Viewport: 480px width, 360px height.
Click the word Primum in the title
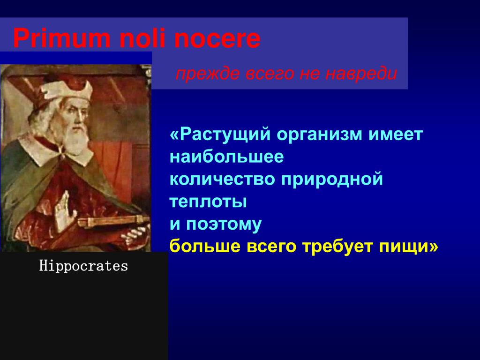tap(61, 39)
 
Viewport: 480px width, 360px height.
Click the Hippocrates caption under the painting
tap(83, 266)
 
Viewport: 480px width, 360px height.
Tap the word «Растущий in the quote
tap(220, 135)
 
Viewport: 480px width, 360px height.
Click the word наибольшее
tap(227, 157)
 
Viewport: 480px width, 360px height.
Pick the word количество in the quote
tap(222, 179)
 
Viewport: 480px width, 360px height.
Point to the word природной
tap(332, 180)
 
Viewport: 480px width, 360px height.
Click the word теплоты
tap(208, 202)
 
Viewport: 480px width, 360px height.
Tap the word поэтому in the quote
tap(224, 225)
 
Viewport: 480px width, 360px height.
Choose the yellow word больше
tap(205, 247)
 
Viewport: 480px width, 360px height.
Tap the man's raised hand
tap(65, 211)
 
